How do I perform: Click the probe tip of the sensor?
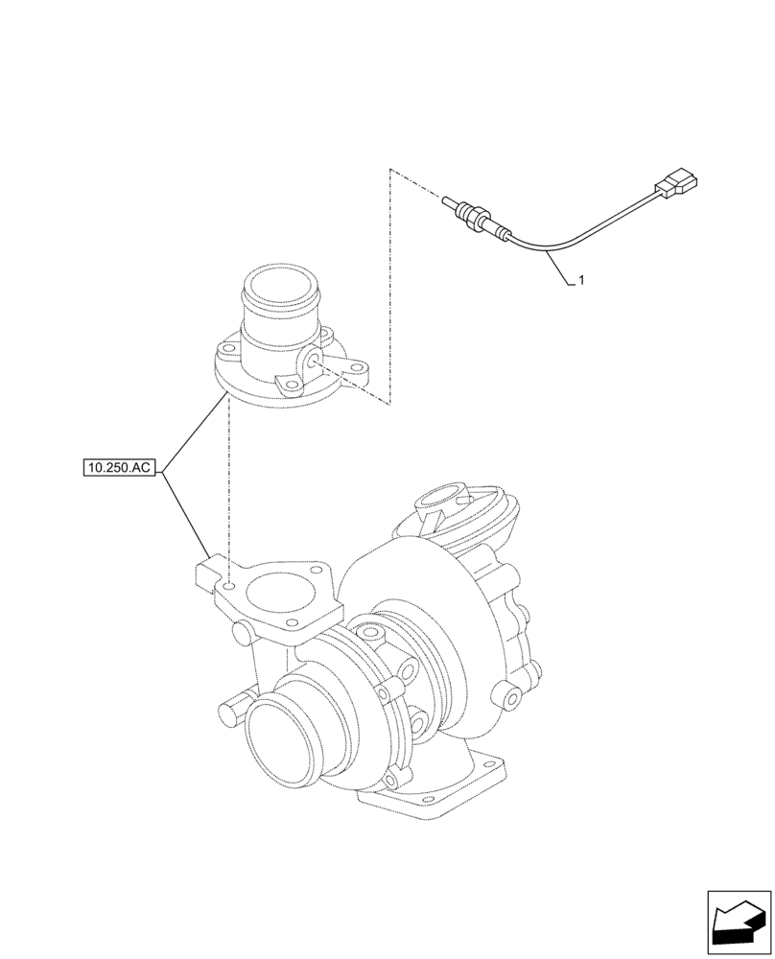coord(448,202)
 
